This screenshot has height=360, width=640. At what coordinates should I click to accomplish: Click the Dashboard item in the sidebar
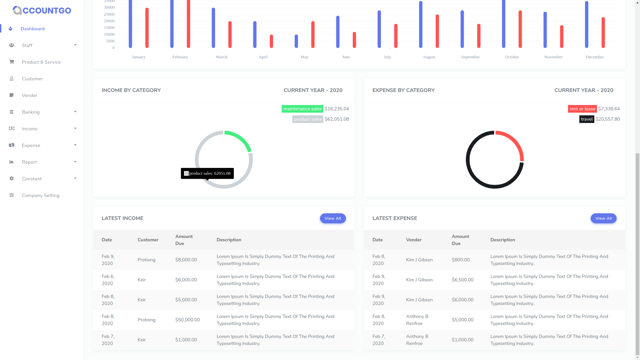click(x=32, y=29)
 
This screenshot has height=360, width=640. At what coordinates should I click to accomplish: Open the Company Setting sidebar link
click(x=40, y=195)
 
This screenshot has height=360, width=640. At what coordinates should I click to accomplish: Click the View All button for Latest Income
click(x=333, y=218)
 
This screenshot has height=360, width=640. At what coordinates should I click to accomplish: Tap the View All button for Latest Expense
click(x=603, y=218)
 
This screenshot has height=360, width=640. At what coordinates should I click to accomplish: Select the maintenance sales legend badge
click(x=302, y=109)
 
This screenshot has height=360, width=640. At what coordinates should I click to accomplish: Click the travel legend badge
click(x=586, y=119)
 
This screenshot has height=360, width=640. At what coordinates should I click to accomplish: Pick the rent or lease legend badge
click(x=582, y=109)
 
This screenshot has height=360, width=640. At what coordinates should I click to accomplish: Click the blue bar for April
click(x=255, y=35)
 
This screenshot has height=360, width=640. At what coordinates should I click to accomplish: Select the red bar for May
click(x=313, y=35)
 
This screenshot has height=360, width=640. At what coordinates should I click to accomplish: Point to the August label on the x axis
click(x=429, y=57)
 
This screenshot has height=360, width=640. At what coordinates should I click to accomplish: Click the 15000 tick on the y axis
click(x=109, y=28)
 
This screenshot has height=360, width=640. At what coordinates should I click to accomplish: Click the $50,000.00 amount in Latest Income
click(x=187, y=320)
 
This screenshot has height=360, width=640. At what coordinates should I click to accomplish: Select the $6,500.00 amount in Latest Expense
click(x=462, y=280)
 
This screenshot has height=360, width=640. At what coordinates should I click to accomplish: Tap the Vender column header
click(x=414, y=240)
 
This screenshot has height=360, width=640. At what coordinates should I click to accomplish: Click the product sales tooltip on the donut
click(x=207, y=173)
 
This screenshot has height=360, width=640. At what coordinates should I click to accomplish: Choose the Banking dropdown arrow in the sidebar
click(x=75, y=112)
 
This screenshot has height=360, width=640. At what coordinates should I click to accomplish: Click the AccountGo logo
click(x=42, y=10)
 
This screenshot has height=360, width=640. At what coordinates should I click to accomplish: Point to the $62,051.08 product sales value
click(x=337, y=119)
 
